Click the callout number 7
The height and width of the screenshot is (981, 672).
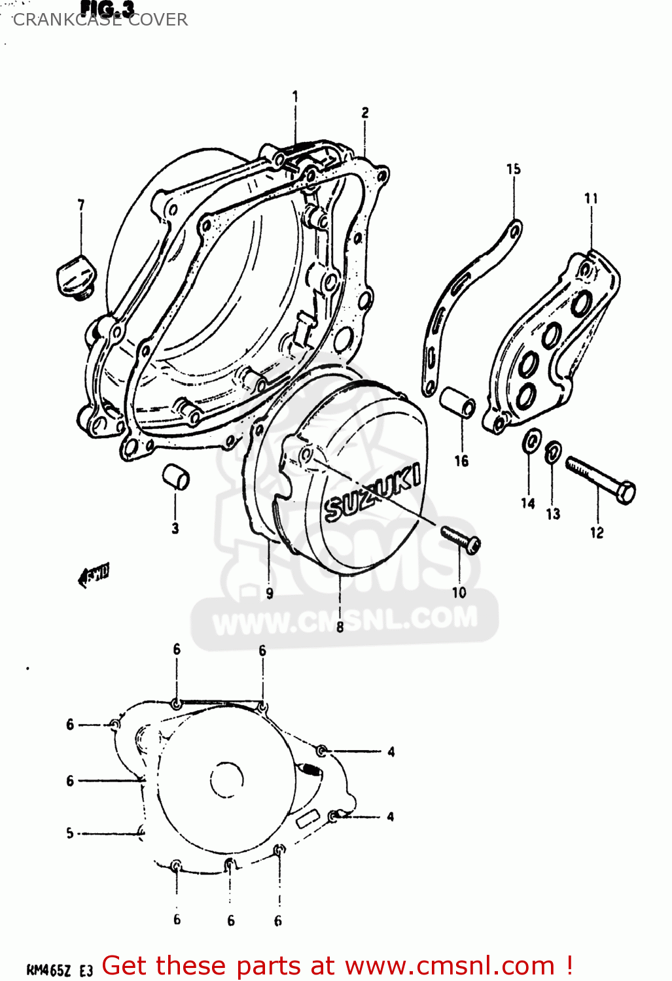(x=81, y=205)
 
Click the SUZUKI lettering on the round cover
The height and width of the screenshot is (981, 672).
(x=372, y=493)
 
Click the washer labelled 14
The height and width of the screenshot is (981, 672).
(x=531, y=442)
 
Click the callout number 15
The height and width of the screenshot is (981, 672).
(x=513, y=169)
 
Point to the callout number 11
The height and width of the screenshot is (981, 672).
(x=591, y=198)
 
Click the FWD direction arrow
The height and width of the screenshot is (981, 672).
(x=93, y=575)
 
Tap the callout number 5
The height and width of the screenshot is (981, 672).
(x=70, y=833)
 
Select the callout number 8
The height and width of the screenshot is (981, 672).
(x=340, y=627)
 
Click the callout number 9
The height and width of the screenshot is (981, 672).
(x=270, y=593)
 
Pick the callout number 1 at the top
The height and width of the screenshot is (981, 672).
(x=294, y=97)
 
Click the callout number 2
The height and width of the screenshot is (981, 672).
(x=365, y=112)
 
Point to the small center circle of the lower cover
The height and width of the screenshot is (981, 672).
(x=226, y=780)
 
